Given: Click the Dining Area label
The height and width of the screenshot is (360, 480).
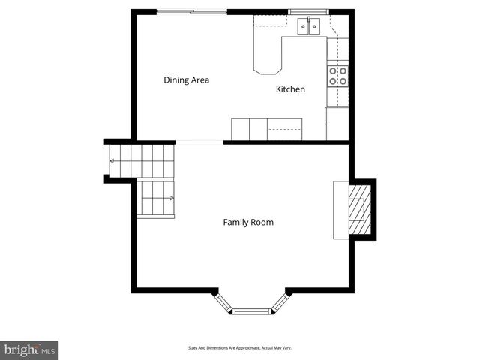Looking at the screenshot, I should (186, 79).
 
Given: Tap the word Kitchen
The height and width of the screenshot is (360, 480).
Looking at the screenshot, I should (290, 89).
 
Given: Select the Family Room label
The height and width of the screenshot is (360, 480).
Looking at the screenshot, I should (247, 222).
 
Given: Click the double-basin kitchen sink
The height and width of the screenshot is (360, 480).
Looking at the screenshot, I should (309, 27).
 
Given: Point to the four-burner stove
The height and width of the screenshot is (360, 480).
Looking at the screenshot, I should (337, 75).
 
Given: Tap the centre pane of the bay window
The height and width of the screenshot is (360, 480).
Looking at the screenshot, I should (252, 310).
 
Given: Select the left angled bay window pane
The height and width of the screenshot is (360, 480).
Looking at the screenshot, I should (223, 302).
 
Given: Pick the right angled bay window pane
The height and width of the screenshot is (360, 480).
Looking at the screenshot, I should (280, 302).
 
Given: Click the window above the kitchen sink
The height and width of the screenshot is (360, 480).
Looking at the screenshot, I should (309, 12).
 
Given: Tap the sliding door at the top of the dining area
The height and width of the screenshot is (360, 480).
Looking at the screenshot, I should (192, 11).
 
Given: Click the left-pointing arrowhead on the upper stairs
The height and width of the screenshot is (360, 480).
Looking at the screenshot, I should (112, 160).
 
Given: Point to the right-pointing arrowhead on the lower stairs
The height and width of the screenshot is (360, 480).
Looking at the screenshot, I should (172, 199).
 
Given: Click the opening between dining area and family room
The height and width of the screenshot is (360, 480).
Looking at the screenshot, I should (199, 142).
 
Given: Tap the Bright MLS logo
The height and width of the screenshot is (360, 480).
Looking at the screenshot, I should (29, 349).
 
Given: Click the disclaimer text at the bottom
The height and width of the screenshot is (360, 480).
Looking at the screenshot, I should (239, 348).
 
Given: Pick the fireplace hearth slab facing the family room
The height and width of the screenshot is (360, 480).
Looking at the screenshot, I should (341, 209).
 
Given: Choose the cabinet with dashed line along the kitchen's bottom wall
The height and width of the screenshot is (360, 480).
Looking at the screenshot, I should (285, 129).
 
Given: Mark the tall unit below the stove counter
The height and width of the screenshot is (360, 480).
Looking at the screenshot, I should (337, 124).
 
